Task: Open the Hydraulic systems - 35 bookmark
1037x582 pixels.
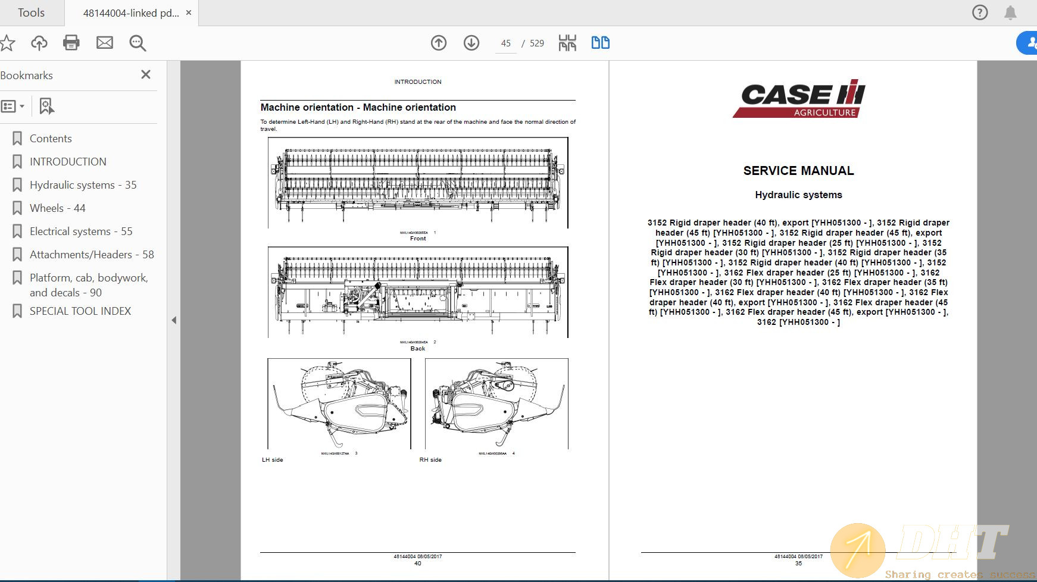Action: pos(83,185)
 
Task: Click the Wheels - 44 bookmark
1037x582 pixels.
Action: pos(57,208)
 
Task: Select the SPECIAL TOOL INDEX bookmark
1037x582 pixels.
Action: pos(80,311)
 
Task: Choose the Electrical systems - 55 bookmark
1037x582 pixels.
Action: pos(81,231)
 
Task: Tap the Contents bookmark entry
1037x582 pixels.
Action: pos(51,139)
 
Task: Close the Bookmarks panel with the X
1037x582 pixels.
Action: pos(146,75)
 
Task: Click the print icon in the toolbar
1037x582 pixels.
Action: pos(71,43)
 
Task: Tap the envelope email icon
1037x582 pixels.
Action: pos(105,43)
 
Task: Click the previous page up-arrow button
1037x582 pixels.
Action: pos(439,43)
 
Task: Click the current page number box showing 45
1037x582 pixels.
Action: pos(506,43)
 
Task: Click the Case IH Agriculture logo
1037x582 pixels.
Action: pos(798,98)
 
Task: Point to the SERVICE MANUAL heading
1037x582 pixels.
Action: pos(798,171)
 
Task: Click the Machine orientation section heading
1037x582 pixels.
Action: pos(358,108)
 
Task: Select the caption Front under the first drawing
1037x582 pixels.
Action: pos(418,239)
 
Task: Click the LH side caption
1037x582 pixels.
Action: pos(273,460)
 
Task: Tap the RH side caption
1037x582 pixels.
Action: pos(430,460)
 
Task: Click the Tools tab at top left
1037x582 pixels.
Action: pos(31,12)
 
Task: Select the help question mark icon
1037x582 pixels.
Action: pos(979,12)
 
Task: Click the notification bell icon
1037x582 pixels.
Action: pos(1010,12)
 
